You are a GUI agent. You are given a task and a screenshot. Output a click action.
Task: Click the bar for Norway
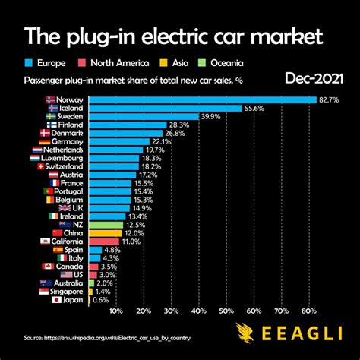pos(203,99)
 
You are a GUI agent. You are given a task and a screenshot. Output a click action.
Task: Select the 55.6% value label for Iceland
pos(254,109)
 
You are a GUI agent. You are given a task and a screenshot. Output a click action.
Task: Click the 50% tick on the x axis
pos(226,311)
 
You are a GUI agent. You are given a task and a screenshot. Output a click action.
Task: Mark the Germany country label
pos(68,141)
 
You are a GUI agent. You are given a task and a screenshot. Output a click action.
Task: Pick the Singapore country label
pos(67,291)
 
